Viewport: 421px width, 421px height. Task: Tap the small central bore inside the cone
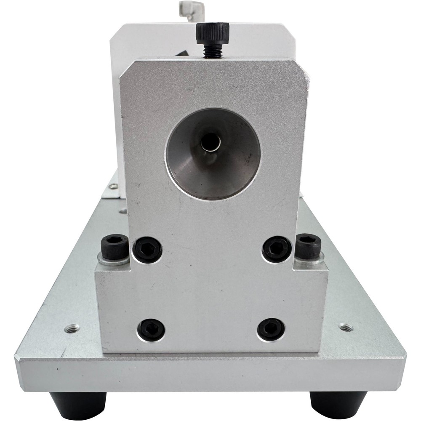pyautogui.click(x=210, y=142)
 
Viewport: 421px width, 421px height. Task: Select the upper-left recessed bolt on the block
pyautogui.click(x=147, y=250)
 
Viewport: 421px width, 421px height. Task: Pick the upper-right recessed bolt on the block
pyautogui.click(x=276, y=248)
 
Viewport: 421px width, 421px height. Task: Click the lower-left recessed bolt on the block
pyautogui.click(x=151, y=329)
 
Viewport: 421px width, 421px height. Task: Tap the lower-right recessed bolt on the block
pyautogui.click(x=271, y=329)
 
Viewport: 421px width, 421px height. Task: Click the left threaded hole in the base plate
pyautogui.click(x=72, y=328)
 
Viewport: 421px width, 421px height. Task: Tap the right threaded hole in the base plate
pyautogui.click(x=346, y=327)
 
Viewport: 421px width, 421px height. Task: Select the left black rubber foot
pyautogui.click(x=78, y=405)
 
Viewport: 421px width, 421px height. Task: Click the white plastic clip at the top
pyautogui.click(x=192, y=7)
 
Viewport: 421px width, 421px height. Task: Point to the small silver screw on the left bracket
pyautogui.click(x=113, y=186)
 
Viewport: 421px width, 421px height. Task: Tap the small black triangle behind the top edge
pyautogui.click(x=185, y=53)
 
